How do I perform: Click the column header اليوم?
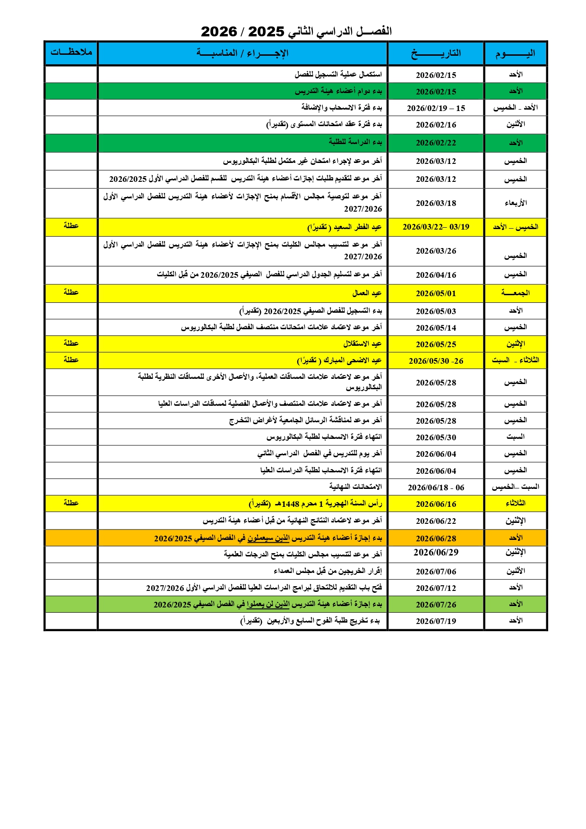coord(515,53)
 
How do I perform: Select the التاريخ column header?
coord(436,53)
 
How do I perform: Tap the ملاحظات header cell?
coord(71,52)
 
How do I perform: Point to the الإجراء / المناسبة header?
coord(242,53)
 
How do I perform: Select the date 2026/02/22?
coord(436,143)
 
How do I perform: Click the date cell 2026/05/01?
coord(436,293)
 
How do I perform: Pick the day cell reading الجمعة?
coord(515,293)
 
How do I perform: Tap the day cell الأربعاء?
coord(515,203)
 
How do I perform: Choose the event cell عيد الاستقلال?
coord(362,344)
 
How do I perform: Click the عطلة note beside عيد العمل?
coord(71,292)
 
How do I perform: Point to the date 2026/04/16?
coord(436,275)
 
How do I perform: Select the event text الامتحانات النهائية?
coord(355,487)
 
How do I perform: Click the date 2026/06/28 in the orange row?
coord(436,538)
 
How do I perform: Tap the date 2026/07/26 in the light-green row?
coord(436,605)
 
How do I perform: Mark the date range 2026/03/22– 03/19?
coord(436,227)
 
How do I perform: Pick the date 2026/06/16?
coord(436,504)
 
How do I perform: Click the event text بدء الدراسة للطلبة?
coord(355,142)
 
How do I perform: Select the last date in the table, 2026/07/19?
coord(436,621)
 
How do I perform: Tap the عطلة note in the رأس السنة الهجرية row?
coord(71,503)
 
